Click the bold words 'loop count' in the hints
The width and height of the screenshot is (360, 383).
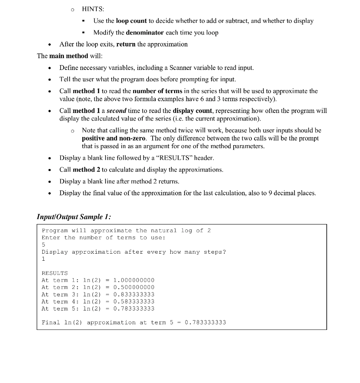[x=131, y=21]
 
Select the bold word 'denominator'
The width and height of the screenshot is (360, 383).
[x=145, y=33]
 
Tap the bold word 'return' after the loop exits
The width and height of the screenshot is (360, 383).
[x=126, y=44]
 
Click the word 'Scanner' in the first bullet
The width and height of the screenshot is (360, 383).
[x=184, y=68]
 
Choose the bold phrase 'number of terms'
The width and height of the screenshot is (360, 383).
[x=158, y=91]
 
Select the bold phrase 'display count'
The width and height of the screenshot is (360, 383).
[x=192, y=111]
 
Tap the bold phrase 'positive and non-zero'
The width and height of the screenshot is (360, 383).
[x=113, y=138]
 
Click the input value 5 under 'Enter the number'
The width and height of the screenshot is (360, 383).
[x=43, y=245]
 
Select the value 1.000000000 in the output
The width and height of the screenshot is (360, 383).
[x=134, y=280]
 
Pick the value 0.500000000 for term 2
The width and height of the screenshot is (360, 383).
[x=134, y=287]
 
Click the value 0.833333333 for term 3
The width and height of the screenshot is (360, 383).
[x=134, y=294]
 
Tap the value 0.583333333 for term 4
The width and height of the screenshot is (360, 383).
[x=134, y=301]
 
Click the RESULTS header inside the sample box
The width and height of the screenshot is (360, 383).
[x=55, y=273]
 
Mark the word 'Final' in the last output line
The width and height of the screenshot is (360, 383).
[x=51, y=322]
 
